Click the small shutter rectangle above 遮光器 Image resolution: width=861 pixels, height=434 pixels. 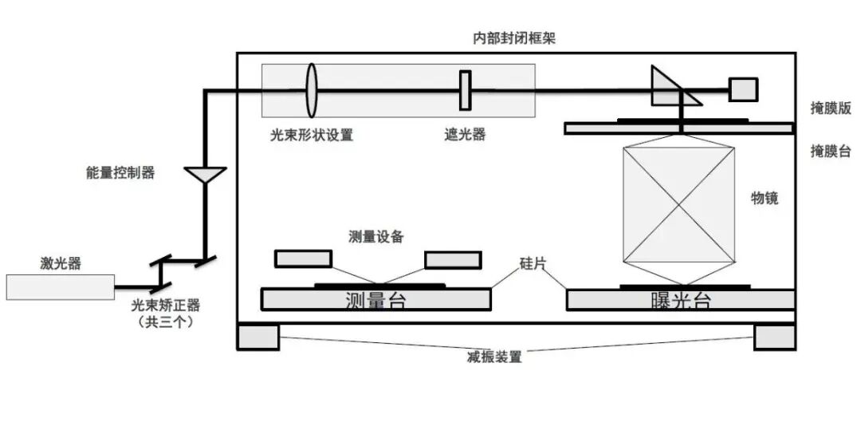pos(465,90)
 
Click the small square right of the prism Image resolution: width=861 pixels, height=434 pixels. pos(743,89)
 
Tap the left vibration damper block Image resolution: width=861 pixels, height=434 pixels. pos(258,337)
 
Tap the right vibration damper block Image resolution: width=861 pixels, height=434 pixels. pos(774,337)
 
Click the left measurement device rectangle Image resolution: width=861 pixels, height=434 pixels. pos(303,259)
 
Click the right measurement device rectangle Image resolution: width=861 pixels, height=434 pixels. pos(452,260)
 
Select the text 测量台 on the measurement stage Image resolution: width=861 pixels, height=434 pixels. pos(375,300)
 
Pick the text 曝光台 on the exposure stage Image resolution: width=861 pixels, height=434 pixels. pos(680,301)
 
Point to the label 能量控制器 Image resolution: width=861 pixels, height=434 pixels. pos(120,172)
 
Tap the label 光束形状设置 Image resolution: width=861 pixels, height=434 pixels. pos(311,135)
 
